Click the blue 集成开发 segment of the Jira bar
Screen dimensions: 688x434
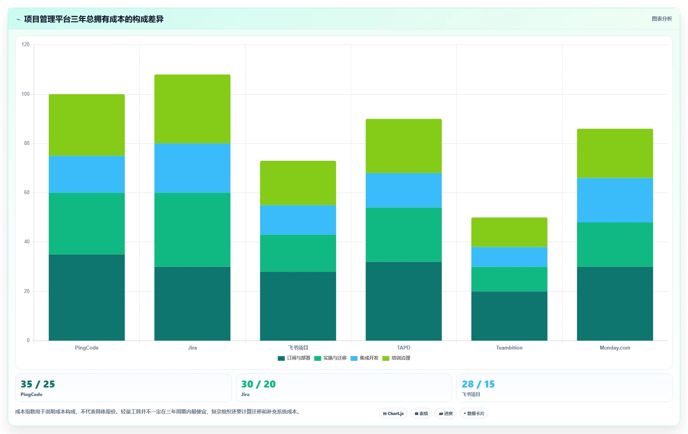pos(192,168)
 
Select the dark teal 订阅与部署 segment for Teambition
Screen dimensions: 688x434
pos(509,316)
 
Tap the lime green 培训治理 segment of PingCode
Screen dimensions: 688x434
pos(87,125)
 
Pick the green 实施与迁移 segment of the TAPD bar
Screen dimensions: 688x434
pos(403,235)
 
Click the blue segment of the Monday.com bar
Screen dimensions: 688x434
pos(615,200)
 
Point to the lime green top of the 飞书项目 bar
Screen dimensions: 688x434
pos(298,183)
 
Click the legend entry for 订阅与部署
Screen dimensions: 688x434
pos(294,358)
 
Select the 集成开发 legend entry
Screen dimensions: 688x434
pos(364,358)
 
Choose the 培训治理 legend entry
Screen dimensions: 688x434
pos(396,358)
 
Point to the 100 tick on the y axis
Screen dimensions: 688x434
pos(26,94)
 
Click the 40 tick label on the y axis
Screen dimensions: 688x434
pos(27,242)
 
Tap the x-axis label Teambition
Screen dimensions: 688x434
pos(509,348)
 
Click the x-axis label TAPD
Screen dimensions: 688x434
pos(403,348)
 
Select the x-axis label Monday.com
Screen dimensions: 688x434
pos(615,348)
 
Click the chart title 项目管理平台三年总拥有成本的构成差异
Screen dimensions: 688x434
pos(94,19)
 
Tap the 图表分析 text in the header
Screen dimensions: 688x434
pos(662,19)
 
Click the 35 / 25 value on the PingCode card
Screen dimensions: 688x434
pos(38,384)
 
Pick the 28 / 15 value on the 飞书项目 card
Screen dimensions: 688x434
pos(478,384)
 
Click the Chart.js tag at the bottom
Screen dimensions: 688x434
pos(393,413)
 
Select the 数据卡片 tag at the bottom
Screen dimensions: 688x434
pos(474,413)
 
